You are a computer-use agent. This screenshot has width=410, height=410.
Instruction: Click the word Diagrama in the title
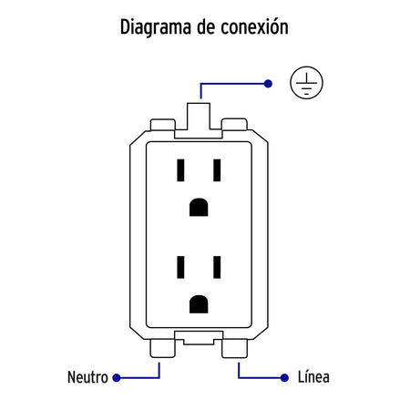click(156, 27)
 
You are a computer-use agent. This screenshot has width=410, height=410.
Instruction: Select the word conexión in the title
click(254, 26)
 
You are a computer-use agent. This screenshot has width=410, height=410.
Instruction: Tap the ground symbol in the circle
click(306, 83)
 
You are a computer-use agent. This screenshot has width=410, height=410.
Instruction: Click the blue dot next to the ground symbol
click(268, 84)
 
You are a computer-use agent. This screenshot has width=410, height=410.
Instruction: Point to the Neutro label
click(87, 377)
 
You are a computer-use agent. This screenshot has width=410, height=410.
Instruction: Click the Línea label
click(313, 377)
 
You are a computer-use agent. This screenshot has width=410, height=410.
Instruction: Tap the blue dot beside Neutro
click(117, 378)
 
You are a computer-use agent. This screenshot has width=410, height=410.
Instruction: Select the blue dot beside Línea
click(284, 378)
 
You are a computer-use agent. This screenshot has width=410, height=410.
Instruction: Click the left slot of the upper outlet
click(180, 170)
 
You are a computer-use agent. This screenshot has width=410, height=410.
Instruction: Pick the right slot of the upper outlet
click(217, 170)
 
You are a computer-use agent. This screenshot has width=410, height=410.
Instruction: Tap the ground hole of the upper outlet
click(199, 207)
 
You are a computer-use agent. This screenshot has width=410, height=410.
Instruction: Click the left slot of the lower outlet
click(180, 267)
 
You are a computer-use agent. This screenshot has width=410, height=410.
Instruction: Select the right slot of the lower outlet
click(217, 267)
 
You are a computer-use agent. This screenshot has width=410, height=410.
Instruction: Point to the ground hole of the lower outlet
click(199, 304)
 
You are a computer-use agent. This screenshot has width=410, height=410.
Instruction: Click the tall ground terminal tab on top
click(199, 117)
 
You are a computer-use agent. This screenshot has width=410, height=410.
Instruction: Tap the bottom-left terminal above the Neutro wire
click(162, 348)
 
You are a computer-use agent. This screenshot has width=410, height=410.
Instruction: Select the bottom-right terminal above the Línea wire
click(234, 348)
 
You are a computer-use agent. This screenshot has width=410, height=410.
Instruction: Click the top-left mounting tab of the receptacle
click(163, 125)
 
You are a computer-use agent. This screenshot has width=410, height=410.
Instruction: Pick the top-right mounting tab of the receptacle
click(234, 125)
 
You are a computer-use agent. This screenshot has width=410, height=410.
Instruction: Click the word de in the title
click(206, 27)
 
